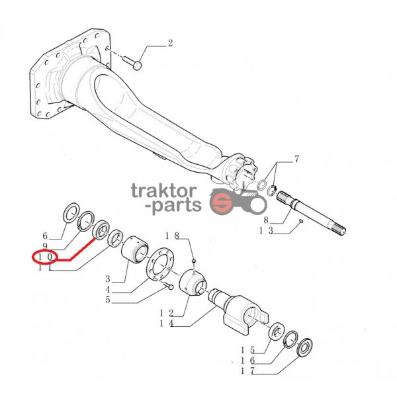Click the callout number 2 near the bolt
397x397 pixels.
click(x=170, y=43)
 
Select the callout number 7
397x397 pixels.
click(x=296, y=159)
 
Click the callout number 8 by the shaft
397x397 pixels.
click(x=265, y=220)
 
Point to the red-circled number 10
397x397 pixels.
click(x=45, y=257)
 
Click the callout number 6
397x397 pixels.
click(x=45, y=236)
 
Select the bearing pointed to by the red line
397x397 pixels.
click(x=101, y=230)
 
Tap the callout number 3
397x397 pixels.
click(x=108, y=279)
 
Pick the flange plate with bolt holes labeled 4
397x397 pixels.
click(x=160, y=264)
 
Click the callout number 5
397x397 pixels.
click(x=108, y=300)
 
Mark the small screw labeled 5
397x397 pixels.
click(x=168, y=286)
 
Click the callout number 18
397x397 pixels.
click(x=172, y=236)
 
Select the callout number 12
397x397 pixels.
click(x=166, y=313)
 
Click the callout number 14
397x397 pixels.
click(x=166, y=324)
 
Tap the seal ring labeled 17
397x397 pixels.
click(x=304, y=348)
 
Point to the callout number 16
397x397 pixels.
click(x=247, y=361)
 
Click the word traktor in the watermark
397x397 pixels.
click(x=164, y=191)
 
